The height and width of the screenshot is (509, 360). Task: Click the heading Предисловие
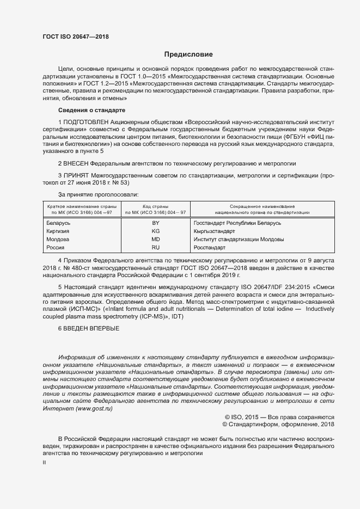coord(189,54)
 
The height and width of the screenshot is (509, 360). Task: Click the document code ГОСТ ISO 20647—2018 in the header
coord(76,36)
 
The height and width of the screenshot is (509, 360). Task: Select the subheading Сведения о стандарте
coord(91,111)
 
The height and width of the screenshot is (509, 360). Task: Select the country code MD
coord(155,240)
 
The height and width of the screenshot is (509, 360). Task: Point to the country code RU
coord(155,248)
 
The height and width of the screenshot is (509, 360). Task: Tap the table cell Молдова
coord(58,240)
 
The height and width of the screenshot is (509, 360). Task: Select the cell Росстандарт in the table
coord(209,248)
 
